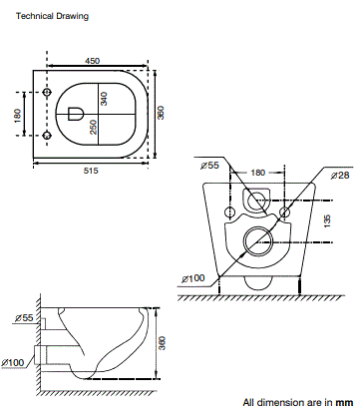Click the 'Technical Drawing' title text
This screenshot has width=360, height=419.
tap(52, 17)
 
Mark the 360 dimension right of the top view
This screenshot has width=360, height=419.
tap(161, 113)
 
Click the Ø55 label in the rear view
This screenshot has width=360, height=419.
tap(210, 165)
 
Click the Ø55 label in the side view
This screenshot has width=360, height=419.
tap(22, 319)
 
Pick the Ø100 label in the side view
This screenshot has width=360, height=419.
tap(17, 361)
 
